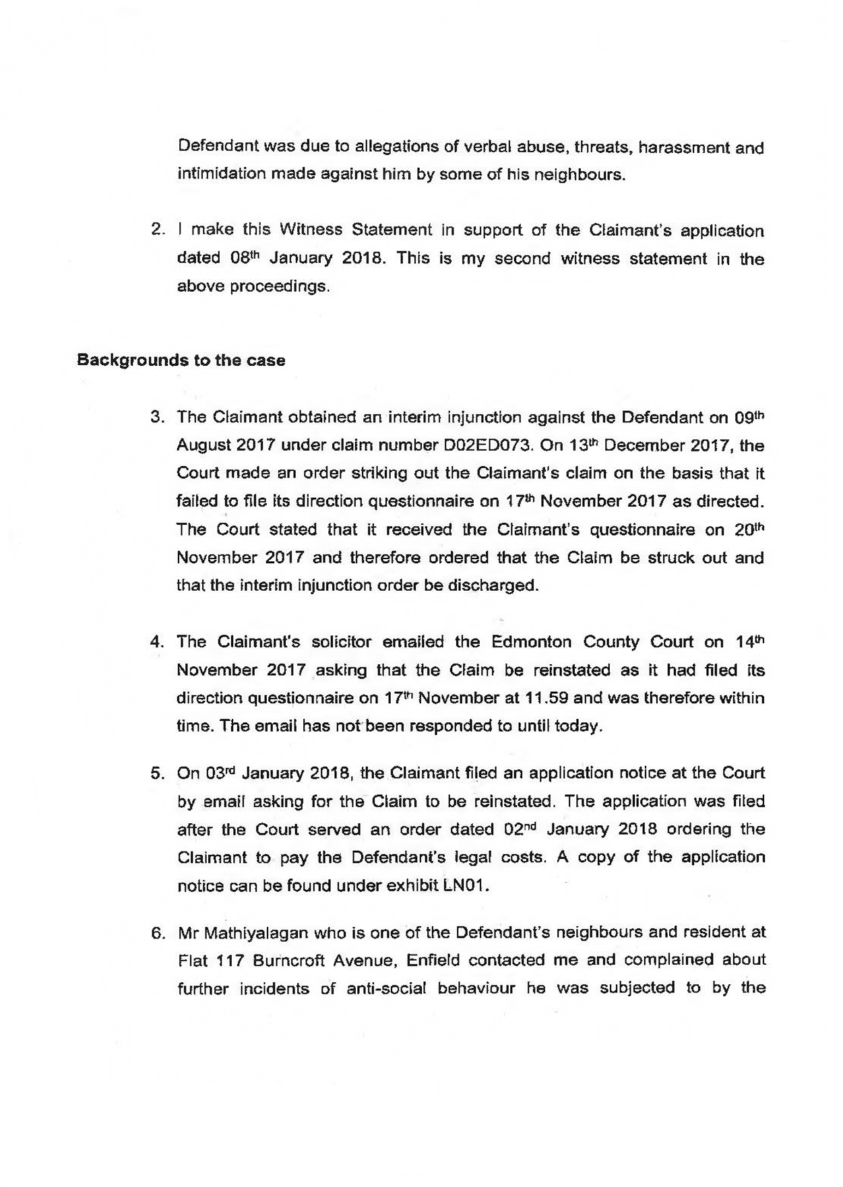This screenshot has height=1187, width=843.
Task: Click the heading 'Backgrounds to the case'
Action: point(181,360)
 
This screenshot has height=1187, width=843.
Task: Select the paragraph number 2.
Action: point(157,230)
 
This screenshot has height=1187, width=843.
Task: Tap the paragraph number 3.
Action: point(157,417)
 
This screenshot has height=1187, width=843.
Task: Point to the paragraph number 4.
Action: point(157,641)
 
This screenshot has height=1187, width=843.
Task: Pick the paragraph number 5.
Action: point(157,773)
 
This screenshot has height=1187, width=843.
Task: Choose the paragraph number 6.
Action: point(157,933)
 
